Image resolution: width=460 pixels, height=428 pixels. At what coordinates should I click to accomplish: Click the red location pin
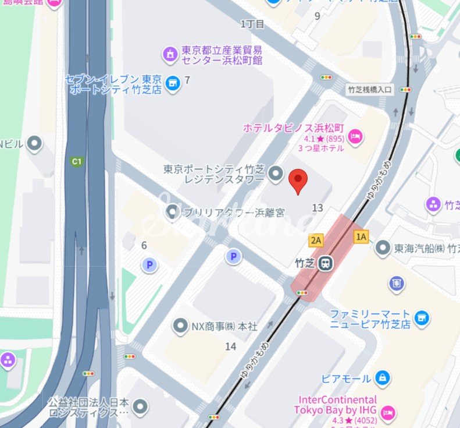click(x=298, y=181)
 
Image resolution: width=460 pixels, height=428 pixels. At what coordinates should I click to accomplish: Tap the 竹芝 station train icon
click(x=325, y=264)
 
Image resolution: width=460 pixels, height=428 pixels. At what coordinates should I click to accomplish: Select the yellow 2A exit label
click(x=316, y=240)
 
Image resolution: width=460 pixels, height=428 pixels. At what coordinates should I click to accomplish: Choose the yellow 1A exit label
click(x=361, y=236)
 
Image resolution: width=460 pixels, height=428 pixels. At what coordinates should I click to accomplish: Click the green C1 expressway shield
click(x=76, y=161)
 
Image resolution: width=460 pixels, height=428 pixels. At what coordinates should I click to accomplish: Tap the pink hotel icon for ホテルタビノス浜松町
click(x=355, y=137)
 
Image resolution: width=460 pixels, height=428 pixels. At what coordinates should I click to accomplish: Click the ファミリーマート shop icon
click(x=422, y=318)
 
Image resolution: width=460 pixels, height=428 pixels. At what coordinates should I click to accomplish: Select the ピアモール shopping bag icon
click(x=383, y=379)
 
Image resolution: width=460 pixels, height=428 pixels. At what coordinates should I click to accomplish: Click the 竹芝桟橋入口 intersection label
click(x=370, y=90)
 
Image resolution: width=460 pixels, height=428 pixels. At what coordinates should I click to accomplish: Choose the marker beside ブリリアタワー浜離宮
click(x=172, y=213)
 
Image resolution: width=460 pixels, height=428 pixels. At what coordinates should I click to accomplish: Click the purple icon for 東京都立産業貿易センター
click(x=170, y=55)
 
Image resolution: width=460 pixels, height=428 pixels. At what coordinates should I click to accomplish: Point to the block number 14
click(x=231, y=346)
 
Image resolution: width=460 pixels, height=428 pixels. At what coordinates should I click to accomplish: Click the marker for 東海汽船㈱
click(x=383, y=249)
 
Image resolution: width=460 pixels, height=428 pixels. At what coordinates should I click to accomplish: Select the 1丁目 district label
click(x=252, y=24)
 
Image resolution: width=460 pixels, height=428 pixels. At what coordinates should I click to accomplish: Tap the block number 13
click(x=318, y=208)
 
